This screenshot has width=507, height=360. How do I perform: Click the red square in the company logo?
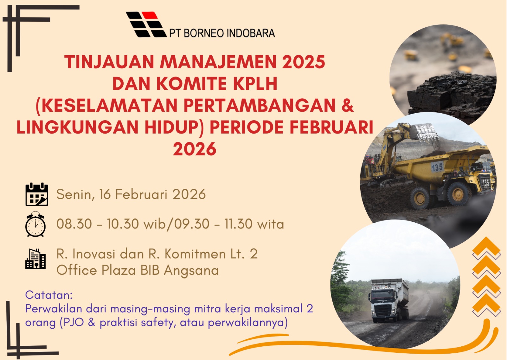pos(149,15)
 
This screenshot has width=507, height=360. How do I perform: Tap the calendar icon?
pos(37,194)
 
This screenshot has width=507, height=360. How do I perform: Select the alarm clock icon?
pos(35,224)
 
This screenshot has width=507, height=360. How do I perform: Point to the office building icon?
pos(35,259)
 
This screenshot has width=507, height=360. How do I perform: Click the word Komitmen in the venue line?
pos(195,254)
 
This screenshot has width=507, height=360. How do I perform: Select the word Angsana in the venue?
pos(191,271)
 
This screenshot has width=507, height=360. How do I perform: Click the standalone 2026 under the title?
pos(195,149)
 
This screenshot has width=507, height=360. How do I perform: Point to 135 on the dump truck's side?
pos(437,167)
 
